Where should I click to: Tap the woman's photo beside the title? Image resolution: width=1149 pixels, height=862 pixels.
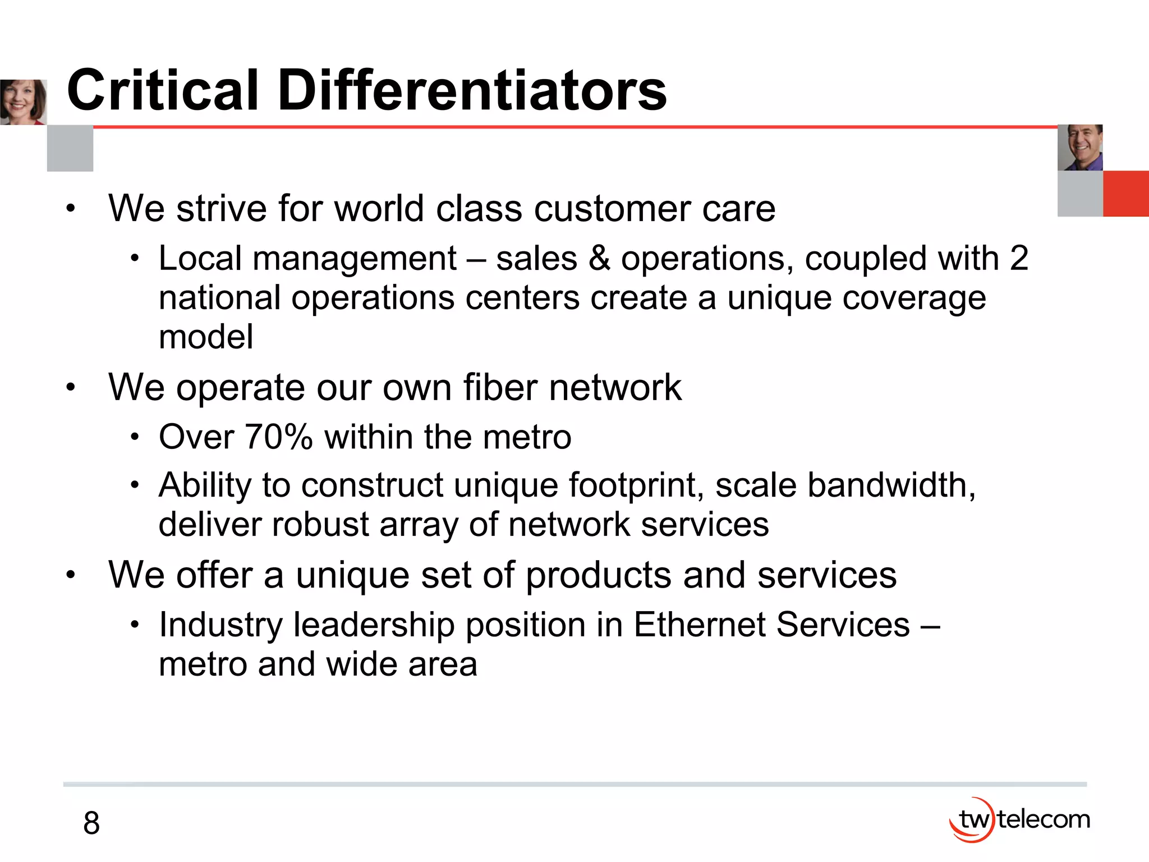point(23,102)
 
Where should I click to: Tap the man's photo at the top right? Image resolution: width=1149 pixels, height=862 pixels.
point(1080,148)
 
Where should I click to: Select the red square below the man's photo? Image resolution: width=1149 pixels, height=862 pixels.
point(1125,194)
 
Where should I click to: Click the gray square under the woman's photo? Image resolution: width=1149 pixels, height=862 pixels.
point(70,148)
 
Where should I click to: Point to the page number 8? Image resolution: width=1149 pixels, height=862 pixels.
point(91,823)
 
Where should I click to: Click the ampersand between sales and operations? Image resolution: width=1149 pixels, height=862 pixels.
point(599,259)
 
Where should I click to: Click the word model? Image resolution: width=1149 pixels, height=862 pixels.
point(206,337)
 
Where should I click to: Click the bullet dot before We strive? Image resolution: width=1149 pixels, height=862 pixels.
point(70,209)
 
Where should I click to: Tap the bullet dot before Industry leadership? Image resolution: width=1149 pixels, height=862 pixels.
point(135,625)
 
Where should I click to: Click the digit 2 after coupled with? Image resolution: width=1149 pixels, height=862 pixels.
point(1019,259)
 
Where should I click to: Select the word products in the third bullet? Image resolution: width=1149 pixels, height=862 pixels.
point(599,576)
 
